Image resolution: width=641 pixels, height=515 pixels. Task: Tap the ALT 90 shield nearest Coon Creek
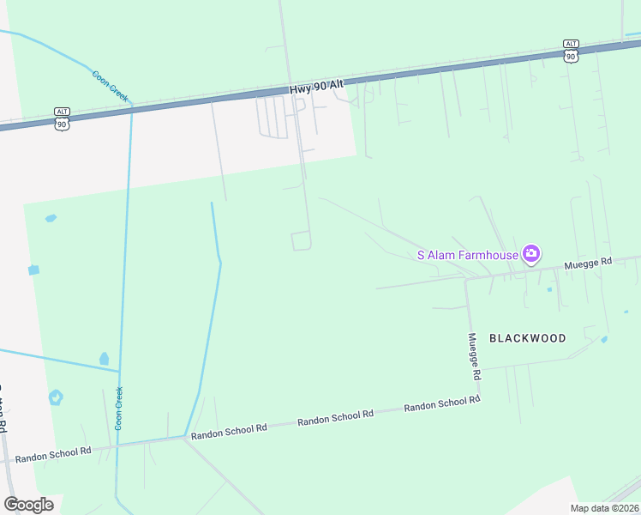[x=61, y=118]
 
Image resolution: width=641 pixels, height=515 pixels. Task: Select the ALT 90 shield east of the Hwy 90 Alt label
[x=571, y=50]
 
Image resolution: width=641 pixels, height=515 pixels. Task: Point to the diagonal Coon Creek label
[x=110, y=86]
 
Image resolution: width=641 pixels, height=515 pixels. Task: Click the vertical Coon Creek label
[x=119, y=408]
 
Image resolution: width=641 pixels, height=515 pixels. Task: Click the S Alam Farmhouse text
[x=467, y=254]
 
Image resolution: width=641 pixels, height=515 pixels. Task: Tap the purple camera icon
[x=531, y=252]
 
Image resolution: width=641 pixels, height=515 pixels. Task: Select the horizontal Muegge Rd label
[x=588, y=263]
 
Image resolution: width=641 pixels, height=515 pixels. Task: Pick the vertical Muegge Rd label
[x=473, y=356]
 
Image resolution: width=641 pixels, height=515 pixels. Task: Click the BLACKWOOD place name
[x=527, y=338]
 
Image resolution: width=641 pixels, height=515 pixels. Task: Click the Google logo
[x=28, y=505]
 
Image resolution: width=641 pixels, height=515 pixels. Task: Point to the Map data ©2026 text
[x=604, y=508]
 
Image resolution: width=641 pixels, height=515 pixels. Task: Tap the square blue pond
[x=33, y=270]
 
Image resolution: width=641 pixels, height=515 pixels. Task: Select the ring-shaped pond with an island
[x=56, y=397]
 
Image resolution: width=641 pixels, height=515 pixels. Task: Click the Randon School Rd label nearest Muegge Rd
[x=441, y=404]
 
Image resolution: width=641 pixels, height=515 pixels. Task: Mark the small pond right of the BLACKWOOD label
[x=604, y=339]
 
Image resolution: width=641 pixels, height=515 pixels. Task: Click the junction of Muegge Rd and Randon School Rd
[x=478, y=398]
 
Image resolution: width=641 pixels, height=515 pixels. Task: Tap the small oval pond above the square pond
[x=51, y=218]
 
